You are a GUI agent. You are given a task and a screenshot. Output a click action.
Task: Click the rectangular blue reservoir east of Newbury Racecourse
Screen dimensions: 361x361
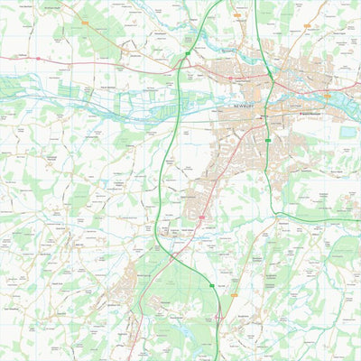(348, 132)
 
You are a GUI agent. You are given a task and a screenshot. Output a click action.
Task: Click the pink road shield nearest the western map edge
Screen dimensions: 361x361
(39, 59)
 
